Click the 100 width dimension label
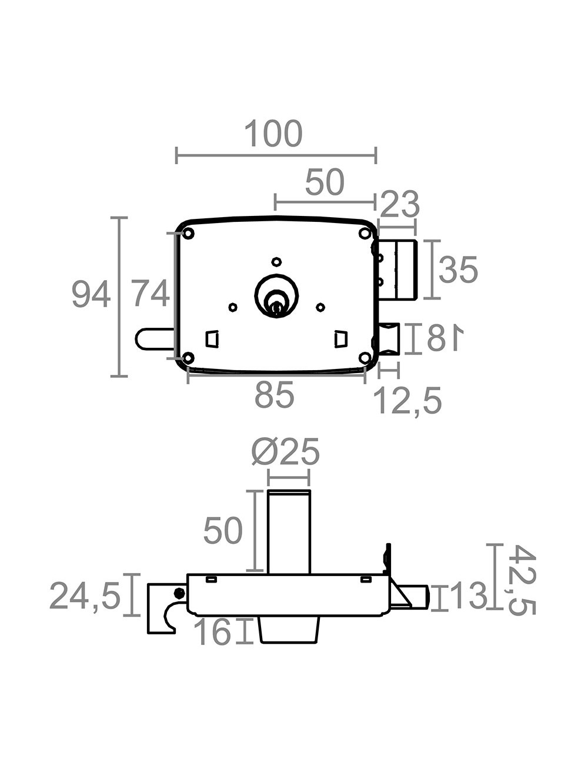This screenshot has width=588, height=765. [x=273, y=134]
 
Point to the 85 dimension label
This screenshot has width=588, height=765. [x=275, y=395]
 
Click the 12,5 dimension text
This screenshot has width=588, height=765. [x=407, y=401]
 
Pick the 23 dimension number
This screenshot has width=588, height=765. [x=400, y=204]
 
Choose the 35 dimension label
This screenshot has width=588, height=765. [x=458, y=270]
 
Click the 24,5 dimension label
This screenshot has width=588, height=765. [x=85, y=596]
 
